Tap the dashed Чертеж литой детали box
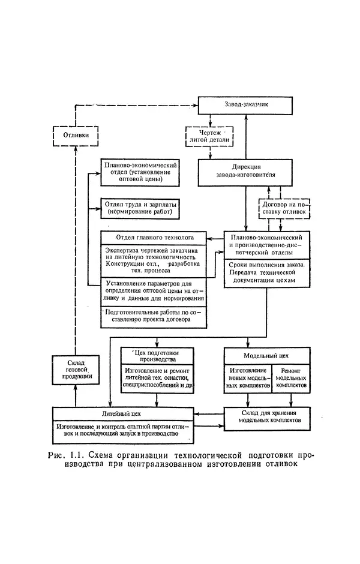pyautogui.click(x=208, y=136)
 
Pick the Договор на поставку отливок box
pyautogui.click(x=284, y=208)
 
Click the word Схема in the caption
pyautogui.click(x=102, y=454)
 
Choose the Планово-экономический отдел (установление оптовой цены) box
pyautogui.click(x=140, y=172)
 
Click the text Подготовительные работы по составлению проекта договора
pyautogui.click(x=155, y=316)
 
